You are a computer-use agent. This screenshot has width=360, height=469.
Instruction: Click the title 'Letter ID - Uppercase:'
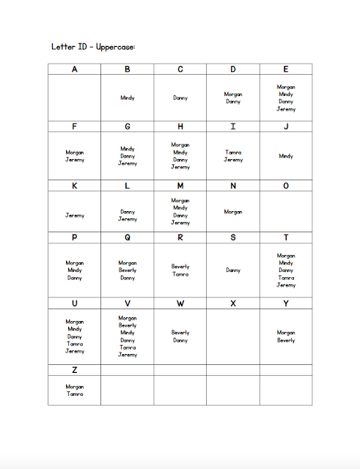click(x=93, y=46)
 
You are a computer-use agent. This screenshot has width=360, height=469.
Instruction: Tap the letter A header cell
click(x=74, y=70)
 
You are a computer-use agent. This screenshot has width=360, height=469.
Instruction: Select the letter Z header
click(x=74, y=370)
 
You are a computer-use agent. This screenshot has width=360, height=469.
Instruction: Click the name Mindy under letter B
click(x=128, y=97)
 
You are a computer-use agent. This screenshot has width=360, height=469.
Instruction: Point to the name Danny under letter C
click(x=180, y=97)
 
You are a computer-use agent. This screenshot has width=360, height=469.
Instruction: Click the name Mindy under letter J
click(x=286, y=155)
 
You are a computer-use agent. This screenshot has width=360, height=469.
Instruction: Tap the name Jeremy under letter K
click(x=74, y=215)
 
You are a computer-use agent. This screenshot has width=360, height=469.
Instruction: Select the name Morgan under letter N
click(x=233, y=212)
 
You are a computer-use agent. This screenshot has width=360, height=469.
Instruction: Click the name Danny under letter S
click(x=233, y=270)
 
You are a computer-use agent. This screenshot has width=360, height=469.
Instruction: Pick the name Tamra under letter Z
click(x=74, y=394)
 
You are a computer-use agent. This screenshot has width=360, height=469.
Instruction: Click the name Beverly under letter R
click(x=180, y=267)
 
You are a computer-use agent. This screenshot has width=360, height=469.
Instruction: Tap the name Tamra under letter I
click(x=233, y=152)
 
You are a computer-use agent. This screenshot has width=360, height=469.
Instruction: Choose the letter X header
click(x=233, y=303)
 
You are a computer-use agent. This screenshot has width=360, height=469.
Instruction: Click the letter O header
click(x=286, y=186)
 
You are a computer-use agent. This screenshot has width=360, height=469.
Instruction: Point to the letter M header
click(x=180, y=186)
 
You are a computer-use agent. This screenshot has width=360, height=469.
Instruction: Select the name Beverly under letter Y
click(x=286, y=340)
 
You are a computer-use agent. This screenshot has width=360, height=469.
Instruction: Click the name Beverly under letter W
click(x=180, y=333)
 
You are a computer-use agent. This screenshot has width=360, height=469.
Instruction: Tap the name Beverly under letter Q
click(x=128, y=270)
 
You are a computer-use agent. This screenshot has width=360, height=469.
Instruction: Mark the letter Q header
click(x=128, y=237)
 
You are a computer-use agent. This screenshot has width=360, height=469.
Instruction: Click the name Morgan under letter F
click(x=74, y=152)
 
